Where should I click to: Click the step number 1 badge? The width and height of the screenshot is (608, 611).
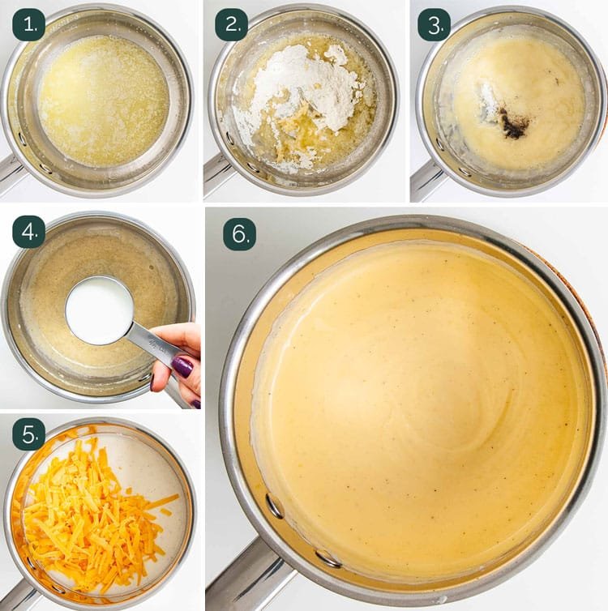point(29,25)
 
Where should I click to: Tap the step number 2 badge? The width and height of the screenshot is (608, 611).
point(232,25)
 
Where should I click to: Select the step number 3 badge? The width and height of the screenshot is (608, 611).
point(435,25)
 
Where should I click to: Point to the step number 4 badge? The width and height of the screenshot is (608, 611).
point(29,232)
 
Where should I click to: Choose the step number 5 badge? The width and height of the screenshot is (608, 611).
point(29,434)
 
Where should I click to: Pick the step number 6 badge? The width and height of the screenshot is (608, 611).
point(239,234)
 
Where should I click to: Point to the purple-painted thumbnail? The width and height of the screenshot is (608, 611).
point(182,366)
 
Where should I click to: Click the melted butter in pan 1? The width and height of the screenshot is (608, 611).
point(103,100)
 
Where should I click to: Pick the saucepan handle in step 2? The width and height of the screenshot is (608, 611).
point(214,174)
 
